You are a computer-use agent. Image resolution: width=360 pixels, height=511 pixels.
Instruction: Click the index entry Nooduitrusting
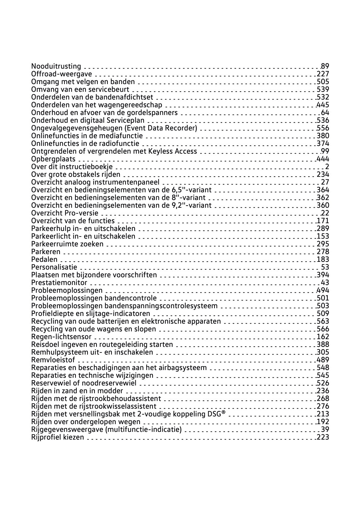pyautogui.click(x=56, y=66)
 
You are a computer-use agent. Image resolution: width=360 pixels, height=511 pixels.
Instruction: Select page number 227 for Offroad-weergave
pyautogui.click(x=323, y=74)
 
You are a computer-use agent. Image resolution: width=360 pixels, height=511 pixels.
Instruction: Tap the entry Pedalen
pyautogui.click(x=44, y=259)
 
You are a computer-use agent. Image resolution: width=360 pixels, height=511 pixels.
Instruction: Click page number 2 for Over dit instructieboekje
pyautogui.click(x=327, y=167)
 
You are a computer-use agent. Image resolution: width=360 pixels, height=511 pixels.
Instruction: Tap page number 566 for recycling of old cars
pyautogui.click(x=323, y=329)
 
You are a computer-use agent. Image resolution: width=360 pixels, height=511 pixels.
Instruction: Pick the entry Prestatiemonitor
pyautogui.click(x=59, y=283)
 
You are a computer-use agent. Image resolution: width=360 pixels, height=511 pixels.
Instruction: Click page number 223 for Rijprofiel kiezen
pyautogui.click(x=323, y=437)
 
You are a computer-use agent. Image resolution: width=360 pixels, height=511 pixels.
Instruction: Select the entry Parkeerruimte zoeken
pyautogui.click(x=67, y=244)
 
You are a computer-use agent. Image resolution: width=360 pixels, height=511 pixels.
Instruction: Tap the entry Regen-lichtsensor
pyautogui.click(x=61, y=337)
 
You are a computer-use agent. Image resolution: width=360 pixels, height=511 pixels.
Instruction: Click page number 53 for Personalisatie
pyautogui.click(x=325, y=267)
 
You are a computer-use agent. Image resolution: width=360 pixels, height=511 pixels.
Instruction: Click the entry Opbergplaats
pyautogui.click(x=53, y=159)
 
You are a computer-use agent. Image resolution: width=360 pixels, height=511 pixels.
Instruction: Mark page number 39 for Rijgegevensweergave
pyautogui.click(x=325, y=429)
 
